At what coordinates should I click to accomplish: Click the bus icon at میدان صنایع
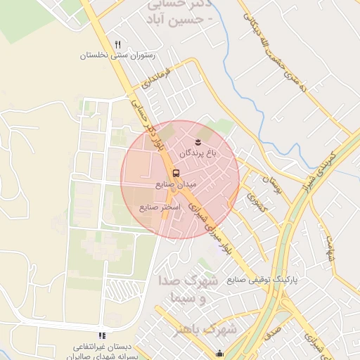pos(175,172)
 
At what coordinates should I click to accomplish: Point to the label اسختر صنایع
pos(161,207)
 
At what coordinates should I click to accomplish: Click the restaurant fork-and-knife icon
pos(117,45)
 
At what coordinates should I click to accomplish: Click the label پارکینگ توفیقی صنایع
pos(262,279)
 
